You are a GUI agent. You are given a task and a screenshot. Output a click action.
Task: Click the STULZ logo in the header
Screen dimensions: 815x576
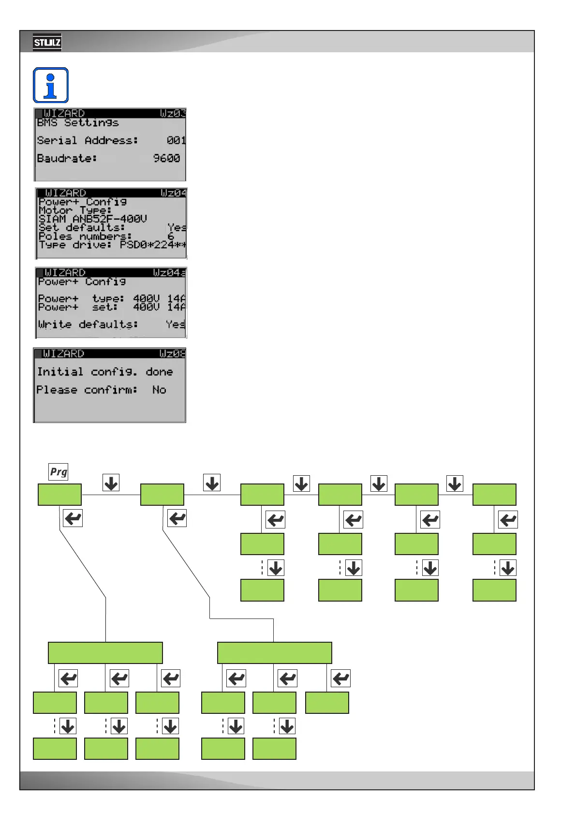coord(47,43)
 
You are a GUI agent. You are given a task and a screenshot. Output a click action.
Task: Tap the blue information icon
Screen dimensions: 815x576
coord(51,85)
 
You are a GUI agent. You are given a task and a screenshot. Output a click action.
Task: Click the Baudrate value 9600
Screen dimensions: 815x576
coord(166,158)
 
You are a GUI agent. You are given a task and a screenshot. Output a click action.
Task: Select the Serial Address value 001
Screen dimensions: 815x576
coord(176,140)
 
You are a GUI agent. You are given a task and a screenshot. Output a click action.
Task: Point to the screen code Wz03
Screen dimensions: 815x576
coord(173,114)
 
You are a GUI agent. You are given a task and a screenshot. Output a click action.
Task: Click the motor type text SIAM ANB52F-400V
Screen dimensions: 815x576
coord(93,219)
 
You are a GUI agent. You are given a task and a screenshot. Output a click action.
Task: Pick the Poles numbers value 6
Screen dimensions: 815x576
coord(170,236)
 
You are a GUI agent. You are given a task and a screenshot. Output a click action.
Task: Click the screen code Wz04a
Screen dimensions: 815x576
coord(169,273)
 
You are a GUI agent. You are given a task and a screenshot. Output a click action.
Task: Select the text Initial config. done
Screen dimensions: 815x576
coord(105,372)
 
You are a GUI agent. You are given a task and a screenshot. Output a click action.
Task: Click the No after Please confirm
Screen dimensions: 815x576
coord(159,390)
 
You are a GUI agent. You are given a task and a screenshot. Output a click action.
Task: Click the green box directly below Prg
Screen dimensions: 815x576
coord(59,495)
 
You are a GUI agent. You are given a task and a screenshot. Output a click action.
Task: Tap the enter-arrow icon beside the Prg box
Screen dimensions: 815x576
coord(73,518)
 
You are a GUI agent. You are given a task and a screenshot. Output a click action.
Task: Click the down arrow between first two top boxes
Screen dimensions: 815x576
coord(111,483)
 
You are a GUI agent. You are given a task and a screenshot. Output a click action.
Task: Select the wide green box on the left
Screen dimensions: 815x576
coord(105,653)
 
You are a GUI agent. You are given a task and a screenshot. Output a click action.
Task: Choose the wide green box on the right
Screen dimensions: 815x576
coord(274,653)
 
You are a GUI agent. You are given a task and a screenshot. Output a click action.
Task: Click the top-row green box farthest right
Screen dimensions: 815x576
coord(494,495)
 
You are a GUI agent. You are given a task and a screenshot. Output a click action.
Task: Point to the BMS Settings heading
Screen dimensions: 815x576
coord(78,123)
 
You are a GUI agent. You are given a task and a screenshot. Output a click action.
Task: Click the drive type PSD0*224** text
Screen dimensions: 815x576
coord(153,245)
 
